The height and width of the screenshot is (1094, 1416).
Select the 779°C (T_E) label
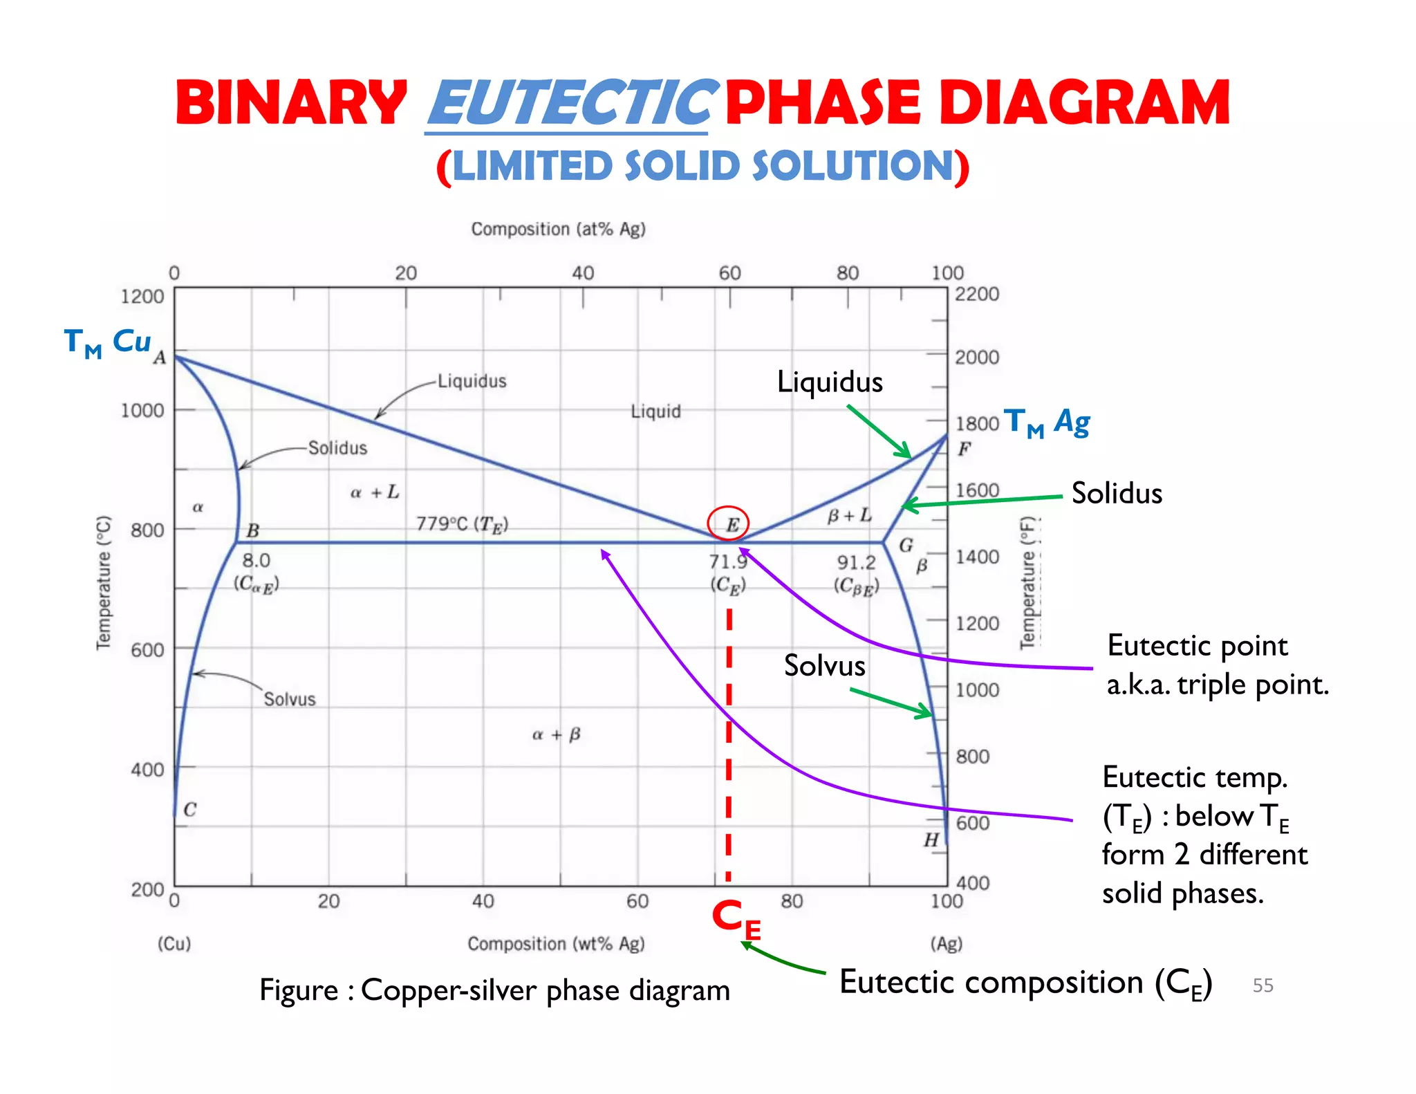[x=462, y=525]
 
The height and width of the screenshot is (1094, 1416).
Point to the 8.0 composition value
[x=256, y=560]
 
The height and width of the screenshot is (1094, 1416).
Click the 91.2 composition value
[x=856, y=562]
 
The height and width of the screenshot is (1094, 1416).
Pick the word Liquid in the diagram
[x=655, y=411]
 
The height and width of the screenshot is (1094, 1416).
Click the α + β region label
[x=556, y=734]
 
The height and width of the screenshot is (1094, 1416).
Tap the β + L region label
[x=850, y=516]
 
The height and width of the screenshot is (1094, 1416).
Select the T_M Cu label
[x=107, y=342]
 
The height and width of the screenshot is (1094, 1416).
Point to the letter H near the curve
[x=931, y=840]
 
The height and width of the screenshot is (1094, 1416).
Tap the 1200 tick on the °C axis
[x=142, y=297]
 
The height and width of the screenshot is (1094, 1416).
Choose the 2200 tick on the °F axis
[x=976, y=294]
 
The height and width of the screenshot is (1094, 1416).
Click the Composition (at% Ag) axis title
[x=558, y=229]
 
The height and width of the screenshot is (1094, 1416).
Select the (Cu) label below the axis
[x=174, y=943]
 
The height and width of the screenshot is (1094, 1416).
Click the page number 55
[x=1263, y=985]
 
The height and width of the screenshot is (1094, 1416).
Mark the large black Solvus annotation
[x=824, y=666]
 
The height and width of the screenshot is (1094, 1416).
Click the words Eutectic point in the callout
[x=1197, y=646]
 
